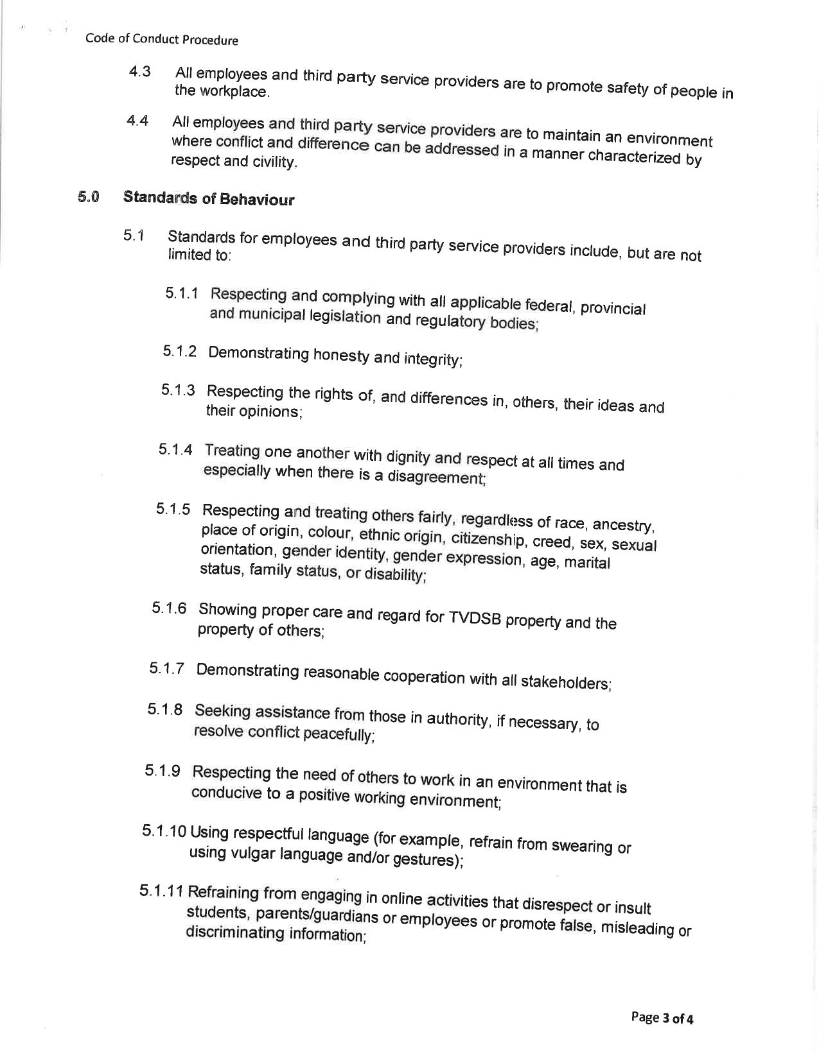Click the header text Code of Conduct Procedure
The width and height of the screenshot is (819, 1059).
point(161,40)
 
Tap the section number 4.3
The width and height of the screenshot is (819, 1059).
point(139,71)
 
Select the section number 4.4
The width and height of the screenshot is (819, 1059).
point(137,120)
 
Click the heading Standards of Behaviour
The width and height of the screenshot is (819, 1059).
point(209,198)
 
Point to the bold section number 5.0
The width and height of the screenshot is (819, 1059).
point(89,196)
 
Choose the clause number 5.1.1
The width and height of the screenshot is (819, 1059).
point(181,293)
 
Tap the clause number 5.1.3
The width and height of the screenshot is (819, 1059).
point(178,390)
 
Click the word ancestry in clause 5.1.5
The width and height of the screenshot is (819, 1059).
point(622,525)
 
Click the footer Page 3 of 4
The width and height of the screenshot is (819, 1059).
point(662,1018)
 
